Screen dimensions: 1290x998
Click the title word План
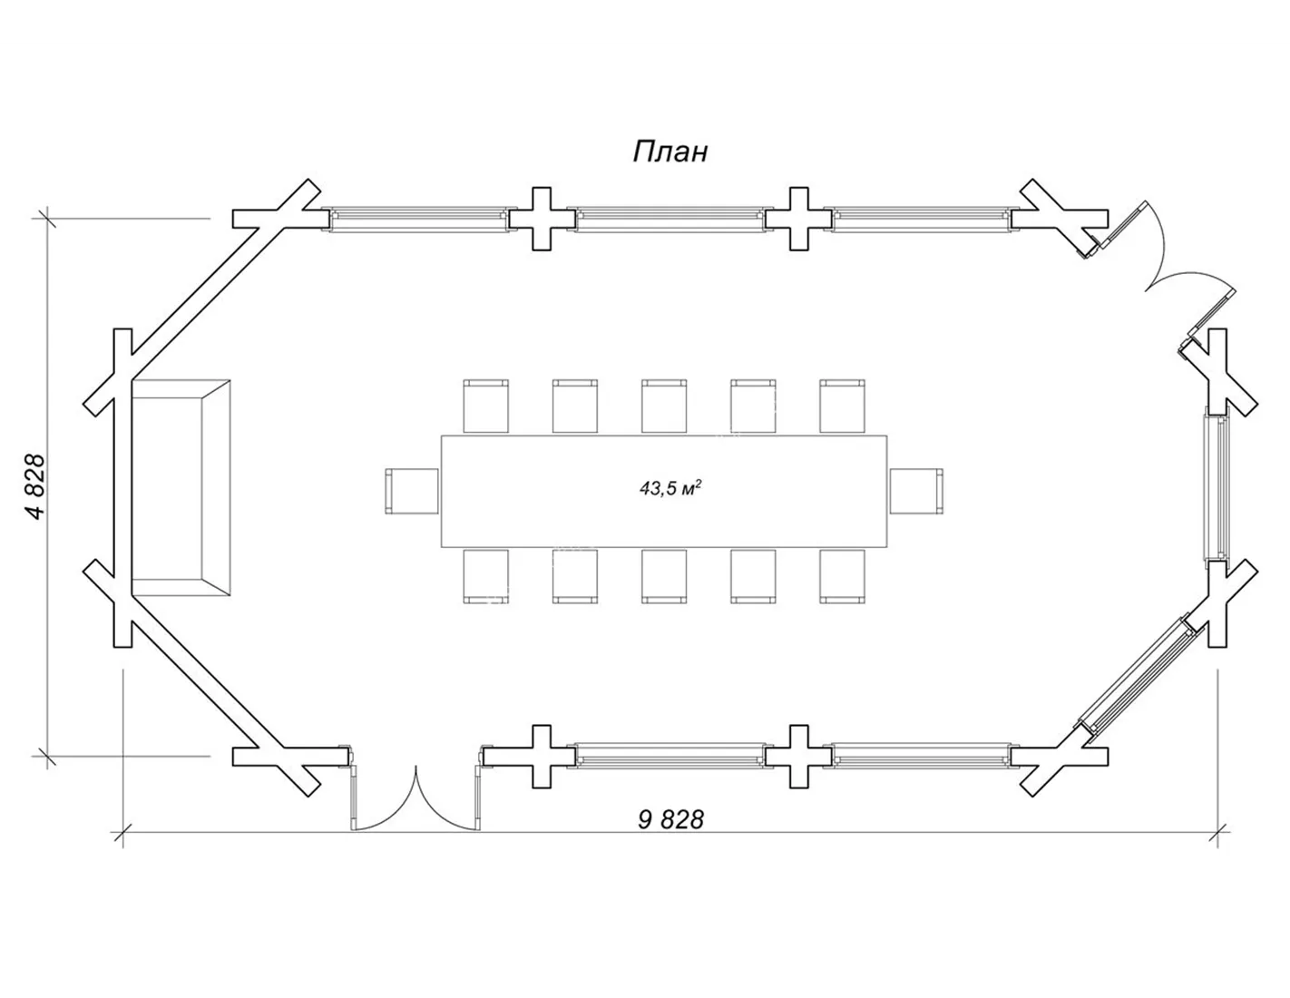pyautogui.click(x=670, y=152)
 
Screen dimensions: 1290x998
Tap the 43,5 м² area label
pyautogui.click(x=670, y=488)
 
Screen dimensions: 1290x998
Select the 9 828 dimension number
pyautogui.click(x=670, y=820)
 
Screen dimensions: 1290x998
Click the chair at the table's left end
pyautogui.click(x=412, y=491)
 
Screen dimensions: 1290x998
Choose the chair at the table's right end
pyautogui.click(x=916, y=491)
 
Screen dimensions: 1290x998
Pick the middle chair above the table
pyautogui.click(x=664, y=406)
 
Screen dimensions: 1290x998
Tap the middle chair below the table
pyautogui.click(x=664, y=576)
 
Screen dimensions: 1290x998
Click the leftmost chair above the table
pyautogui.click(x=485, y=406)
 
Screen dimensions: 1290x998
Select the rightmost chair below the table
pyautogui.click(x=842, y=576)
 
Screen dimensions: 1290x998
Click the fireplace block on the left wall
pyautogui.click(x=181, y=488)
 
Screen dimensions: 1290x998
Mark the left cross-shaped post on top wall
pyautogui.click(x=542, y=219)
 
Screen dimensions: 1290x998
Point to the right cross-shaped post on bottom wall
pyautogui.click(x=798, y=757)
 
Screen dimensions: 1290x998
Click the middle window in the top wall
pyautogui.click(x=669, y=219)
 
